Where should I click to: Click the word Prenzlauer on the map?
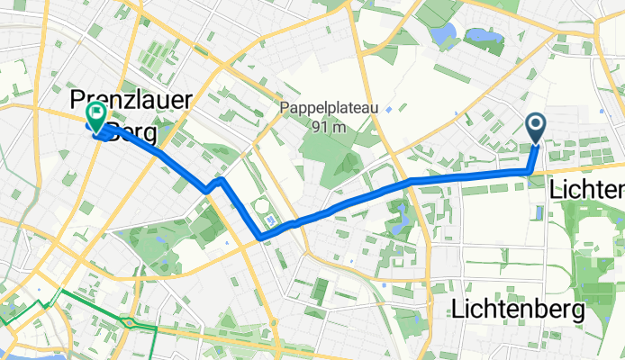pos(131,100)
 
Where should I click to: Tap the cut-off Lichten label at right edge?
pos(586,190)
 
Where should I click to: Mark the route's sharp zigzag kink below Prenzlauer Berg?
pos(213,184)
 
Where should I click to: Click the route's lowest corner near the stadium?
pos(260,237)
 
